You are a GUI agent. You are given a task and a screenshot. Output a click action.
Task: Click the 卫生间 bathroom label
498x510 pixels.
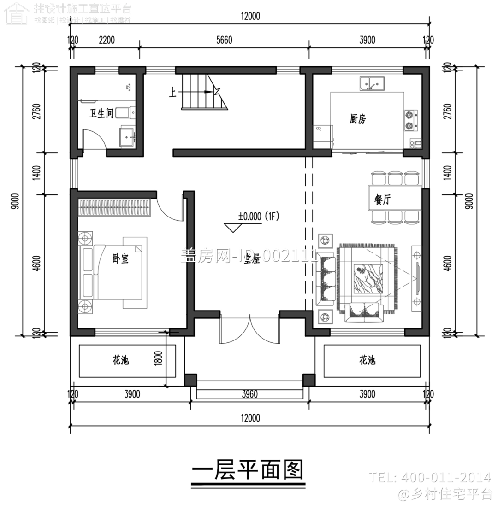(x=101, y=113)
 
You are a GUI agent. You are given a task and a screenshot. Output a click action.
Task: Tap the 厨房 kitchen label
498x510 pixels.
(x=357, y=119)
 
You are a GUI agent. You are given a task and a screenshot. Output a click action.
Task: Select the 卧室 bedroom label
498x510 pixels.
(x=120, y=259)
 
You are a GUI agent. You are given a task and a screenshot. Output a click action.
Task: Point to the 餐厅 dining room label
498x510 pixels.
(x=383, y=200)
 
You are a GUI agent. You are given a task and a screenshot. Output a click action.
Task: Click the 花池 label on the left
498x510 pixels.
(x=120, y=360)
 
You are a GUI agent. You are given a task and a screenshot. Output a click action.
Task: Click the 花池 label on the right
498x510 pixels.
(x=367, y=360)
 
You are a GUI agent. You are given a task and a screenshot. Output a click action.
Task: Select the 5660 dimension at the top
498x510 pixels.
(x=224, y=41)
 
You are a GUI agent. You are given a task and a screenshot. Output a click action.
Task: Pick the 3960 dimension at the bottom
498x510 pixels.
(x=249, y=394)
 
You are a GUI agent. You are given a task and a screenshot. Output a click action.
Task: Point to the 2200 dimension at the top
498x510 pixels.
(x=107, y=41)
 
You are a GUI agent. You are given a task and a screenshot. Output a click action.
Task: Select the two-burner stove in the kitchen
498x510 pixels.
(x=410, y=119)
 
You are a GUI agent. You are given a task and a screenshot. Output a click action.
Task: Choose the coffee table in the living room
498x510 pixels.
(x=367, y=278)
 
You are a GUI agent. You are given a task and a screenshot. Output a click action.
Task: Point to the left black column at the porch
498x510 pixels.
(x=190, y=380)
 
